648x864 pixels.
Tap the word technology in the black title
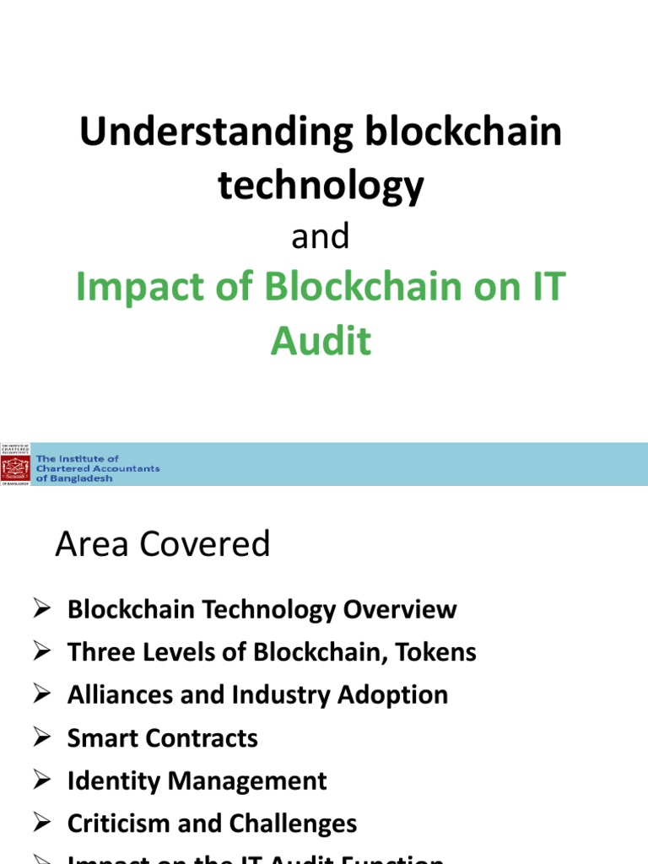(x=321, y=185)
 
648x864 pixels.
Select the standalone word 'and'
(x=321, y=238)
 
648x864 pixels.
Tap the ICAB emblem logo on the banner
(x=15, y=464)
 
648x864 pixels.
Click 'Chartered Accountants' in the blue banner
(x=98, y=468)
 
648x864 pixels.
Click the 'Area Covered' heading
(x=163, y=544)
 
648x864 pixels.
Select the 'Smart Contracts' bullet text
(x=163, y=738)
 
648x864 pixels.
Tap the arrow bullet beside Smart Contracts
(x=44, y=738)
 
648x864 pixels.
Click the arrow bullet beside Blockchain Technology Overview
(x=44, y=610)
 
